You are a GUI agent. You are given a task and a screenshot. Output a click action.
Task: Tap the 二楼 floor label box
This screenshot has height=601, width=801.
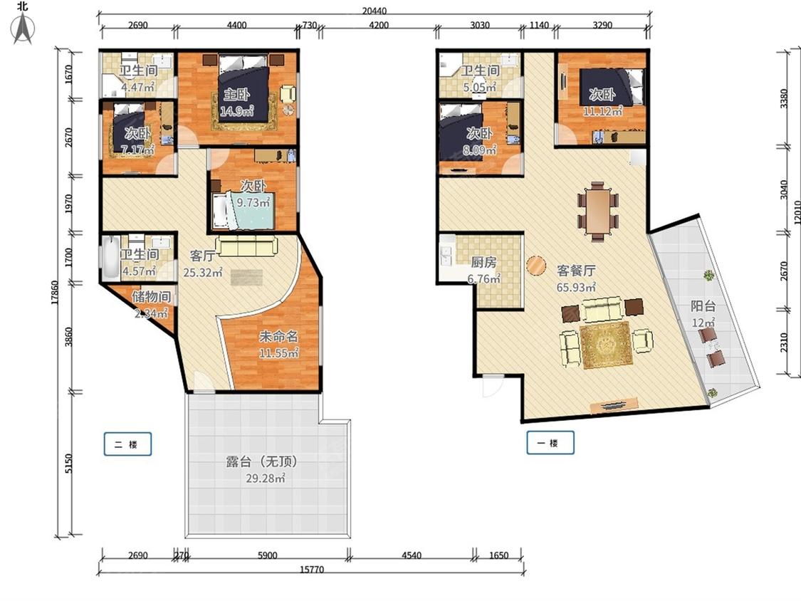(127, 444)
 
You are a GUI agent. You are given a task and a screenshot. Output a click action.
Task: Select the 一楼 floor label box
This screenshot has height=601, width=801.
(550, 443)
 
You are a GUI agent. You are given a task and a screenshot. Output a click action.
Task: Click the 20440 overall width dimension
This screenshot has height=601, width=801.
(375, 11)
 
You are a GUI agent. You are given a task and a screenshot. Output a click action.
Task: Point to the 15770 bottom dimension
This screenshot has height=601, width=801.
(312, 570)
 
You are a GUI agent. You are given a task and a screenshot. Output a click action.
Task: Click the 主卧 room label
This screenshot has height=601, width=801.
(236, 94)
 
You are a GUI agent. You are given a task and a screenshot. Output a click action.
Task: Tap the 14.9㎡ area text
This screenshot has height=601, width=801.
(237, 110)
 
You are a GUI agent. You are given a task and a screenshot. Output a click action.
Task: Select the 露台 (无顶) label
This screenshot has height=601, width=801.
(261, 461)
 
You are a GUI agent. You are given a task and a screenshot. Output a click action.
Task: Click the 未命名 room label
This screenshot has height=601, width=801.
(278, 336)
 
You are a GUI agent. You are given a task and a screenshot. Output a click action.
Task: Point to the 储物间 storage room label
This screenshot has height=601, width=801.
(151, 296)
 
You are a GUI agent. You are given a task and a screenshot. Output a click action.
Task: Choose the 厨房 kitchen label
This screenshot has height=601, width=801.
(483, 262)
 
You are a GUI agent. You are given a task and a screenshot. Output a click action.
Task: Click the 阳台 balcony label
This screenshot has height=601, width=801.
(703, 305)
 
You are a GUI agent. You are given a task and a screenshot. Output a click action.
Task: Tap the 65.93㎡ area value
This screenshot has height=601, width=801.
(576, 287)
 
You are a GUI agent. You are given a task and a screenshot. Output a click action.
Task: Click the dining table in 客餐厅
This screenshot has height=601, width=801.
(598, 210)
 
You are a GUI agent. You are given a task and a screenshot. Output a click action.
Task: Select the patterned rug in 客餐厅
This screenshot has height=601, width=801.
(607, 345)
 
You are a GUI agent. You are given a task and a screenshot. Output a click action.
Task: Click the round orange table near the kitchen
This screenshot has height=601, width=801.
(536, 265)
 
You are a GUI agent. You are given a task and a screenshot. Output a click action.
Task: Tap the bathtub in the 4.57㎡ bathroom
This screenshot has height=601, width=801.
(110, 257)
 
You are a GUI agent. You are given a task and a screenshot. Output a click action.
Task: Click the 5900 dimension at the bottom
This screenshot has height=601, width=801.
(267, 555)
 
